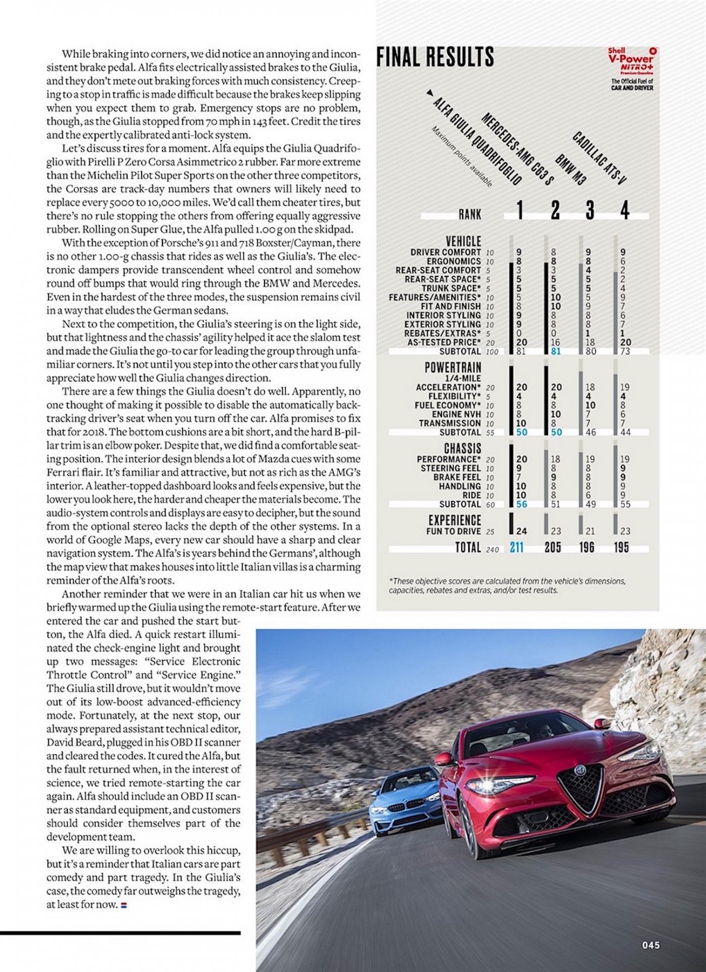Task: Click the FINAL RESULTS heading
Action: [435, 57]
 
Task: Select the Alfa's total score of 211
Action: [516, 547]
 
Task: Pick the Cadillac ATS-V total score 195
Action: [622, 547]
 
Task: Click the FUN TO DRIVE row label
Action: [454, 532]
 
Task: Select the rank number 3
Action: [590, 210]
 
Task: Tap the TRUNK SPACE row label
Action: [452, 288]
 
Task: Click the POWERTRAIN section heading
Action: [453, 367]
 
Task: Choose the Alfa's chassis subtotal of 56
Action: [521, 504]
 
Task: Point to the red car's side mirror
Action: [444, 759]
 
